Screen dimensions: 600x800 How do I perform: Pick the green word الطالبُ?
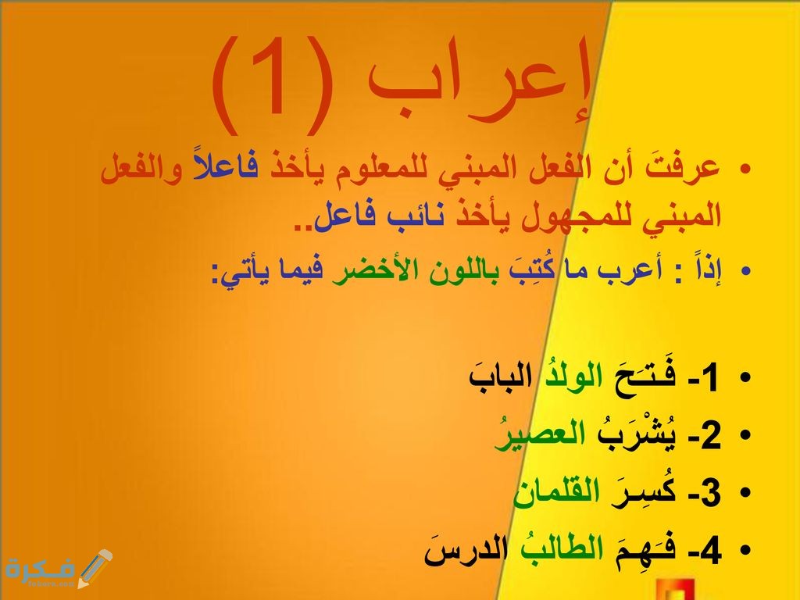click(x=556, y=551)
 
